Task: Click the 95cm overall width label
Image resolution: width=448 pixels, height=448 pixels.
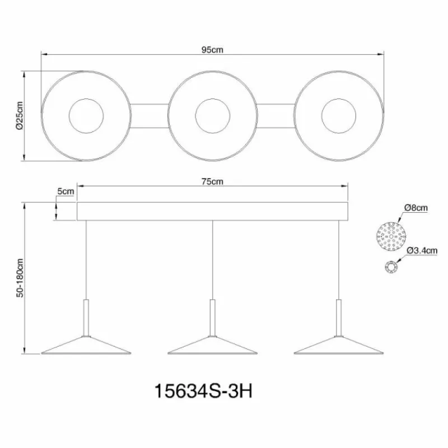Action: point(213,49)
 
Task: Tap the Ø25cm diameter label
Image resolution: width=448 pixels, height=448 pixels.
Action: point(20,116)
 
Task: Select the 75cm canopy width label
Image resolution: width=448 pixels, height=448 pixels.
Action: point(213,181)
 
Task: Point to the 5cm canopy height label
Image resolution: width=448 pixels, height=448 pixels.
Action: point(66,192)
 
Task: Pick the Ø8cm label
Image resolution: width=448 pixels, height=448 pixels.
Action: point(417,208)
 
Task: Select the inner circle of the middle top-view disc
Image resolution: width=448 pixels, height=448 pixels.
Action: point(212,116)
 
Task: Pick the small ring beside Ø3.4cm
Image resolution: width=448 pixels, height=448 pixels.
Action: point(390,268)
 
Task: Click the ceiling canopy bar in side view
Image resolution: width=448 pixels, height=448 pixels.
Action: point(212,211)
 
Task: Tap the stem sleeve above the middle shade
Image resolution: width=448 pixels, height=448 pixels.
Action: point(212,316)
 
